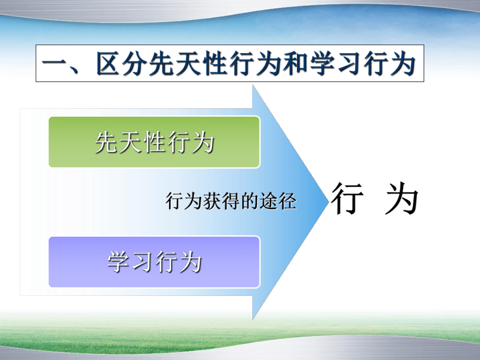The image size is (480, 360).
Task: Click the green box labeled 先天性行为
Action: (x=154, y=142)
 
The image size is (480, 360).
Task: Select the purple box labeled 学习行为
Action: (x=154, y=262)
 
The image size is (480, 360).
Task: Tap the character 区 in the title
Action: (x=108, y=64)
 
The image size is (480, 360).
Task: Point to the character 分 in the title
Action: (x=135, y=64)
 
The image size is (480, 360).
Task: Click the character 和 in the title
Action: (x=295, y=64)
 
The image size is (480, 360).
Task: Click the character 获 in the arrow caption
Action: (x=213, y=201)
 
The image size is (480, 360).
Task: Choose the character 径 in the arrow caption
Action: (x=287, y=201)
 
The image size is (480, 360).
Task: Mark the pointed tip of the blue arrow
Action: (x=328, y=201)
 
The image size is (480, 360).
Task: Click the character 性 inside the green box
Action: (x=155, y=142)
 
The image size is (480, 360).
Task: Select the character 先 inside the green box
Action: (x=107, y=142)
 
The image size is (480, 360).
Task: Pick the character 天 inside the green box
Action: (x=131, y=142)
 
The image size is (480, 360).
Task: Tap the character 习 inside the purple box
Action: (x=143, y=262)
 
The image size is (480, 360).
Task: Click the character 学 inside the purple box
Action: (x=119, y=262)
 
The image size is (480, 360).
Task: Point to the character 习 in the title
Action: (x=349, y=64)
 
